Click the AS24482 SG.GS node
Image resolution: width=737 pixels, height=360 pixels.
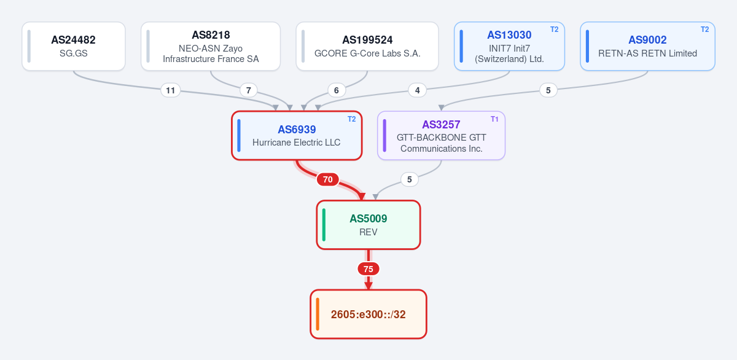point(74,46)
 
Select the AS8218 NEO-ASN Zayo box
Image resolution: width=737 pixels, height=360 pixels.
point(211,46)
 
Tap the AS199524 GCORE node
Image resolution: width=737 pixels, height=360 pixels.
point(367,46)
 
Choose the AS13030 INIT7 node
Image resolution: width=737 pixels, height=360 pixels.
point(509,46)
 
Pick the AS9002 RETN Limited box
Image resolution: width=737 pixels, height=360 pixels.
point(647,46)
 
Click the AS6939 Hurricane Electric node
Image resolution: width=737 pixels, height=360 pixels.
point(297,136)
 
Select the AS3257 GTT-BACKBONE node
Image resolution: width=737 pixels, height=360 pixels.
point(441,136)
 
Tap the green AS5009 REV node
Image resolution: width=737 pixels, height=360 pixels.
point(368,225)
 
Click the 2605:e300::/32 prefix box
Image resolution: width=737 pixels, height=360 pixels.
point(368,315)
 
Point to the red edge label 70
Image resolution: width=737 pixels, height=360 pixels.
point(328,179)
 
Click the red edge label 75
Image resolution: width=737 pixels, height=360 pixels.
point(368,269)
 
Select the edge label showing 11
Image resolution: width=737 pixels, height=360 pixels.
point(171,90)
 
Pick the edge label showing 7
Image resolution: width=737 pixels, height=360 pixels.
point(248,90)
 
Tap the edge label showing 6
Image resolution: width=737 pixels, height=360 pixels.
point(337,90)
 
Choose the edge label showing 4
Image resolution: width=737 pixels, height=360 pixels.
point(417,90)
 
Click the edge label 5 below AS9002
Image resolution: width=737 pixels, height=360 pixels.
point(548,90)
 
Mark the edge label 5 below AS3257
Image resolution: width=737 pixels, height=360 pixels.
point(409,179)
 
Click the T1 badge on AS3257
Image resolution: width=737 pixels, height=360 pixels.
point(494,119)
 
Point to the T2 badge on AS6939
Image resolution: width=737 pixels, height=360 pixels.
point(352,119)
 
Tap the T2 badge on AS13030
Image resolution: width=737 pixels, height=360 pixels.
point(555,29)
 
